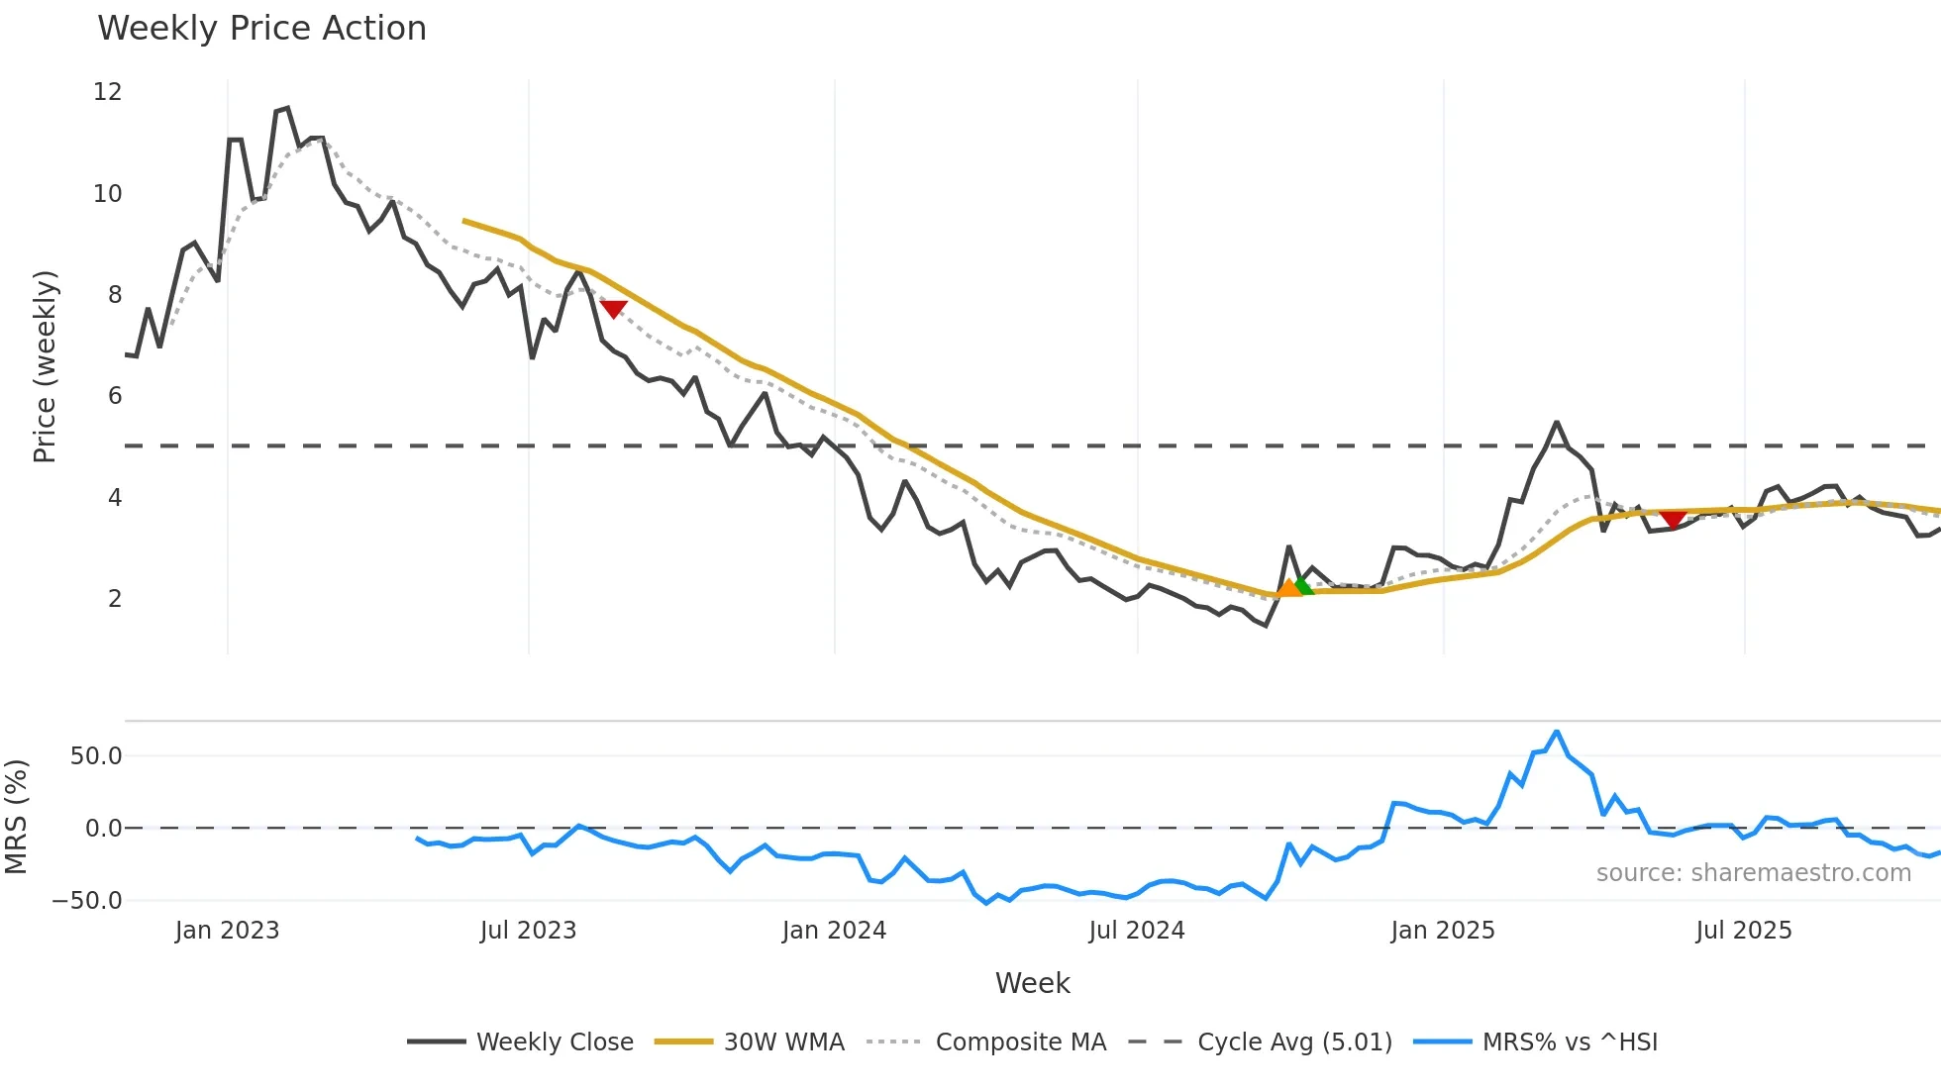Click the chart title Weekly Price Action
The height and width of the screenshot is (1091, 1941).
click(x=261, y=29)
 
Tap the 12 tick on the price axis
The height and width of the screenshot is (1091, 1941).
click(x=107, y=92)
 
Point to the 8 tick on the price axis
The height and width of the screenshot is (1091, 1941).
click(x=114, y=295)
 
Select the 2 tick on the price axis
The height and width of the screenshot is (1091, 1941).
click(x=115, y=599)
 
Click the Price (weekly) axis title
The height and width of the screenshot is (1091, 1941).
click(x=45, y=366)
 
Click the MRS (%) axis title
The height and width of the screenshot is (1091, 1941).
click(x=16, y=817)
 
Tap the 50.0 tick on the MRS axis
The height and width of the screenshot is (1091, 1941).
click(x=95, y=756)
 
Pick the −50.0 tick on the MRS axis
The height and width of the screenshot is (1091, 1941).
click(x=87, y=901)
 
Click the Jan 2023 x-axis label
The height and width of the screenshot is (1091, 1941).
click(x=227, y=931)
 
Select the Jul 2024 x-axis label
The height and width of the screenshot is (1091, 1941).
click(x=1136, y=931)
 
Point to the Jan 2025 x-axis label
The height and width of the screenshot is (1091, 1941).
click(x=1442, y=931)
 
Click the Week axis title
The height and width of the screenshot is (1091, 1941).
click(x=1032, y=983)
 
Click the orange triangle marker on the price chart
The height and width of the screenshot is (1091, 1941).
click(x=1288, y=589)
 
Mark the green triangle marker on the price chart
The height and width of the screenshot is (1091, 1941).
click(x=1303, y=586)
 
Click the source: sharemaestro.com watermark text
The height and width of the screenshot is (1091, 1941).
click(x=1753, y=873)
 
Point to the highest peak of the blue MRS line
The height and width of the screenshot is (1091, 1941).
click(x=1557, y=732)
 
